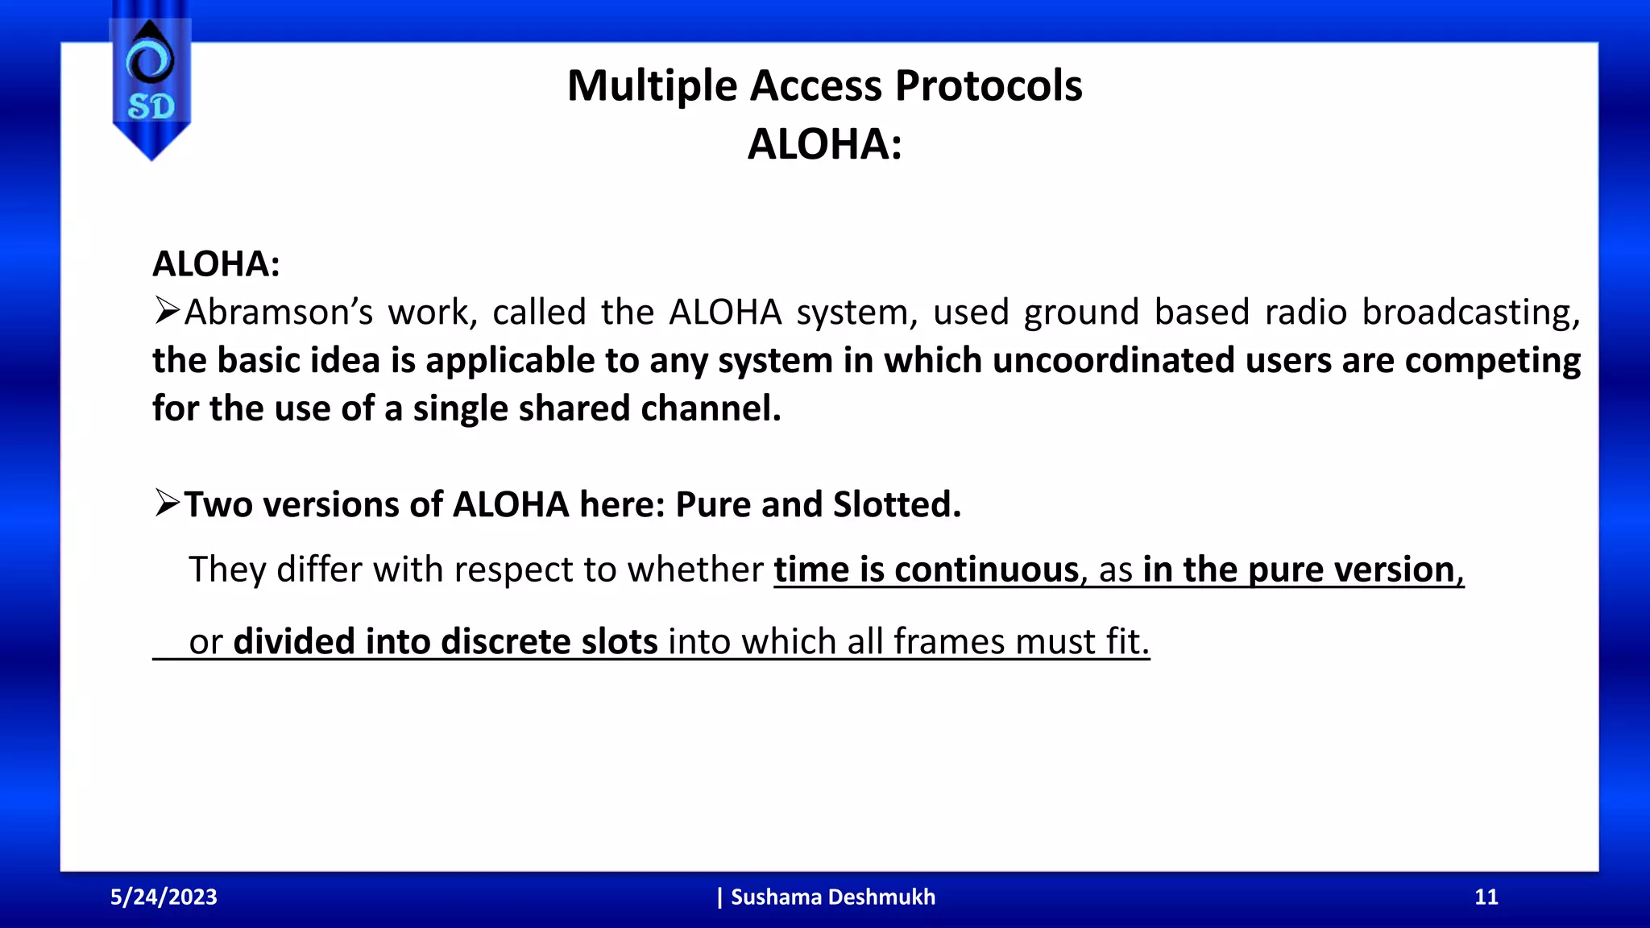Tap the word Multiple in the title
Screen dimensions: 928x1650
[x=652, y=85]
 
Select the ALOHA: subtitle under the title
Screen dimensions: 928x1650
[x=824, y=144]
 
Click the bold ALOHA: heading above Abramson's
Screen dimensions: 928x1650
[x=216, y=264]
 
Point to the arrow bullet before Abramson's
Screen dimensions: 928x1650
[x=167, y=311]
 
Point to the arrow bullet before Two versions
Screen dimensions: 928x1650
[x=167, y=504]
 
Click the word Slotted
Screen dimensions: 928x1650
[x=897, y=504]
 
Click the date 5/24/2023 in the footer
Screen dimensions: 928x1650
[x=164, y=897]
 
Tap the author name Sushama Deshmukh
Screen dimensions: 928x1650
[x=832, y=897]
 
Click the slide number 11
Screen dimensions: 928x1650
[x=1486, y=897]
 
